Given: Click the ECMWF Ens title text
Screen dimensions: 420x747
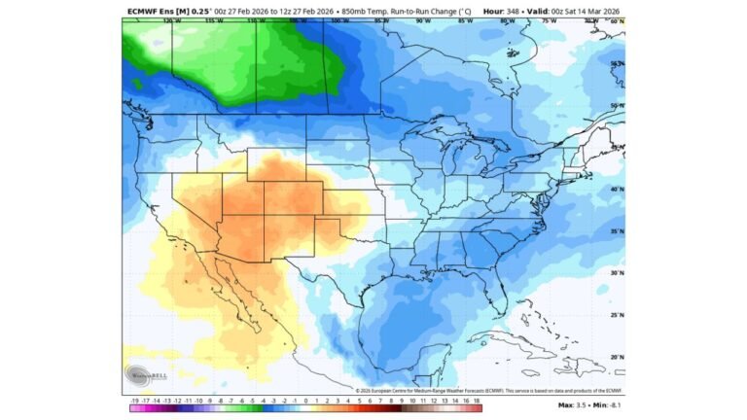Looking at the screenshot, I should point(160,11).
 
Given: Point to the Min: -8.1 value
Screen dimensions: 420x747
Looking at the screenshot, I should point(607,404).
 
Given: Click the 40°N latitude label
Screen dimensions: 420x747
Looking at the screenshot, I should point(617,189).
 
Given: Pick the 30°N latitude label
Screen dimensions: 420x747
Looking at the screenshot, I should point(617,273).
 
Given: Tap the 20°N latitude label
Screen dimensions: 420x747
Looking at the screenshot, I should point(617,357).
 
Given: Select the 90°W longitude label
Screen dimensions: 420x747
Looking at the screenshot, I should point(422,20).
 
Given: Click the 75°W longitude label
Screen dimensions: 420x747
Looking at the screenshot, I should point(549,20).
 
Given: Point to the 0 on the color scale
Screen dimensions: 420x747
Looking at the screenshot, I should point(305,399).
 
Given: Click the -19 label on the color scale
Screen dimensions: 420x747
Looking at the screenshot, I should point(133,399).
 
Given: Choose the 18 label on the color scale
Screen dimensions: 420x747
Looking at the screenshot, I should point(477,399).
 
